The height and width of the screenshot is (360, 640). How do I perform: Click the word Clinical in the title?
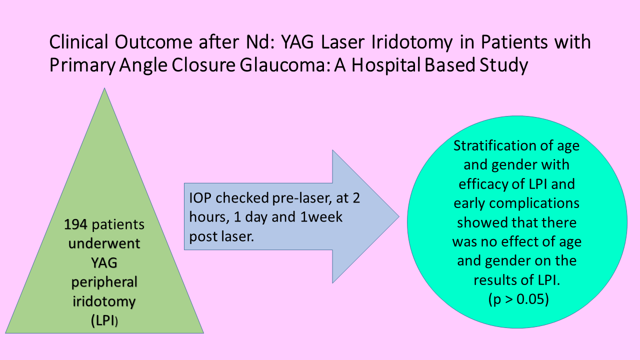tap(78, 42)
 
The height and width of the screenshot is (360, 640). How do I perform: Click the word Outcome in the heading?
tap(153, 42)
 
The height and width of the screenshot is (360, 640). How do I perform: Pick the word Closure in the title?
tap(203, 65)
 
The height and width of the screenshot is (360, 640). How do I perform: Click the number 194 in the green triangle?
tap(75, 224)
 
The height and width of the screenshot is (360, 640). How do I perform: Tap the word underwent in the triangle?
tap(104, 243)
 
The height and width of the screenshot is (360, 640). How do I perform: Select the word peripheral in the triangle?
tap(104, 283)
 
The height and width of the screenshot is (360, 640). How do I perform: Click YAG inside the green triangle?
tap(104, 263)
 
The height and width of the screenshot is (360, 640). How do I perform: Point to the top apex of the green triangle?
tap(104, 88)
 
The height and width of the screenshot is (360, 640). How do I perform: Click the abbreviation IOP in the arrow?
tap(200, 198)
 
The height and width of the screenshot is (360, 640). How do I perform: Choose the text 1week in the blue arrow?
tap(321, 217)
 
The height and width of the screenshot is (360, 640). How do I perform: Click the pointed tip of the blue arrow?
tap(399, 216)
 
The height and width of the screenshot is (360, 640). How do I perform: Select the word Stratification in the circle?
tap(495, 145)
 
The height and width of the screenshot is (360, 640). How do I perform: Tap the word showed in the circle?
tap(479, 223)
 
